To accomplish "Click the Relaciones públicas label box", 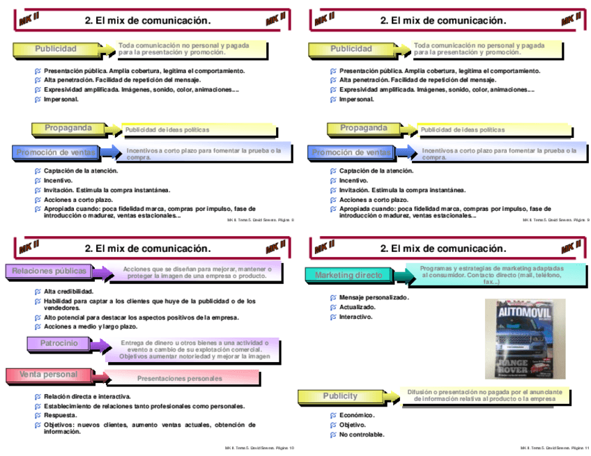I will (49, 271).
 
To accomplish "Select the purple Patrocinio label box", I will (59, 343).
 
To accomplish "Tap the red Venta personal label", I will (48, 375).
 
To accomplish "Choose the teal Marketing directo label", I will (348, 275).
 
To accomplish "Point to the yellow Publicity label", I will (340, 396).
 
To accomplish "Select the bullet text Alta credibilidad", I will (68, 291).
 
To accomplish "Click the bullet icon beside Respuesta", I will (38, 415).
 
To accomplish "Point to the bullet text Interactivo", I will (355, 317).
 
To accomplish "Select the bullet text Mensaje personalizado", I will (374, 297).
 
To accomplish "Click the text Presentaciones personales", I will (179, 379).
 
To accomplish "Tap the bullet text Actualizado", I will (357, 307).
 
